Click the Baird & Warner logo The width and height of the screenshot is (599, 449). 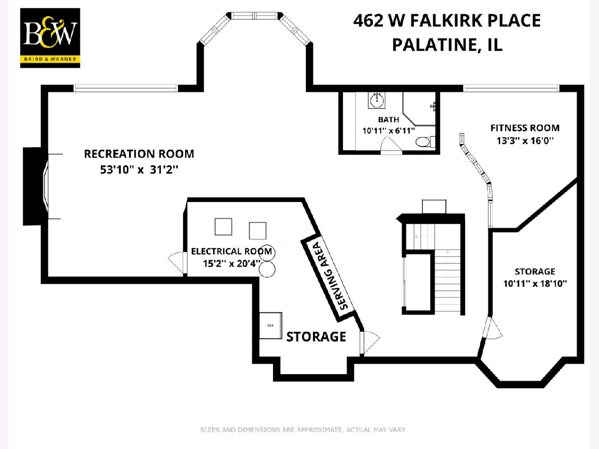click(x=50, y=38)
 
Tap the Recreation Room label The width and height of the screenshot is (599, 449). click(x=139, y=154)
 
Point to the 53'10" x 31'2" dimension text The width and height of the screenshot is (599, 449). click(x=139, y=170)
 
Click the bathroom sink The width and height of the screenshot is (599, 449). click(x=377, y=100)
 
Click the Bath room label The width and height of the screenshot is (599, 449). click(x=388, y=120)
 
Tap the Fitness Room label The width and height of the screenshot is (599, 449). click(x=525, y=128)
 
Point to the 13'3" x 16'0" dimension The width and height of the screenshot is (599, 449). click(x=525, y=141)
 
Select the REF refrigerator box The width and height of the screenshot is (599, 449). click(x=271, y=325)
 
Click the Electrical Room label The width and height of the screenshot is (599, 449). click(x=232, y=251)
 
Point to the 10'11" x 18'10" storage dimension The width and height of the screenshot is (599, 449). click(x=535, y=284)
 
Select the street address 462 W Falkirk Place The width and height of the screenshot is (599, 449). click(x=447, y=21)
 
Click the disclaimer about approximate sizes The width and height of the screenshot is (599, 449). click(x=303, y=430)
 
